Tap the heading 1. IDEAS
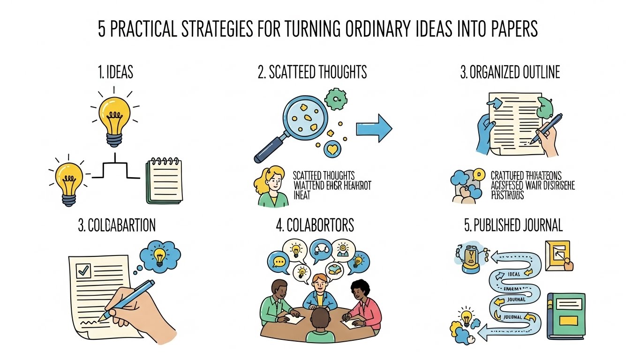[x=115, y=73]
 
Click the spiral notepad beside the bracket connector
[x=165, y=181]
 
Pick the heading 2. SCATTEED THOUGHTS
[x=312, y=73]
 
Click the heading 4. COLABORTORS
[x=315, y=225]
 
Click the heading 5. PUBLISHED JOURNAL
[x=513, y=225]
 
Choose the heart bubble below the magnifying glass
[x=333, y=150]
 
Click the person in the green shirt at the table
[x=279, y=302]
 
